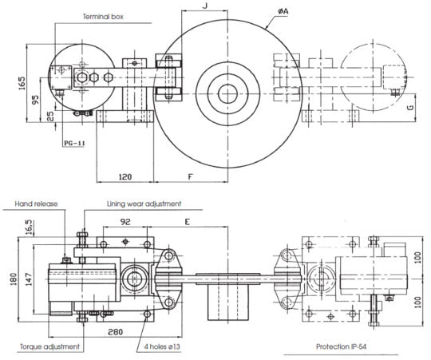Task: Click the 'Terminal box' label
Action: pyautogui.click(x=103, y=17)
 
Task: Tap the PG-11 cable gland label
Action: pyautogui.click(x=74, y=143)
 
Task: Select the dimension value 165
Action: pyautogui.click(x=22, y=83)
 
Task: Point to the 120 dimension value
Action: pyautogui.click(x=125, y=176)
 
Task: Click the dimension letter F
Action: pyautogui.click(x=191, y=176)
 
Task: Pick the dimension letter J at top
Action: pyautogui.click(x=205, y=6)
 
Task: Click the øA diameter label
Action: pyautogui.click(x=283, y=11)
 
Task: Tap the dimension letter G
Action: pyautogui.click(x=410, y=107)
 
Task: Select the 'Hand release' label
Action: pyautogui.click(x=36, y=204)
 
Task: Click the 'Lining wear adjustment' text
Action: pyautogui.click(x=144, y=204)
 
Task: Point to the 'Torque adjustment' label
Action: pyautogui.click(x=49, y=346)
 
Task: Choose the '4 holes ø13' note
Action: pyautogui.click(x=163, y=346)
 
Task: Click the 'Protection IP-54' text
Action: pyautogui.click(x=341, y=346)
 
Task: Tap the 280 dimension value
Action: pyautogui.click(x=115, y=332)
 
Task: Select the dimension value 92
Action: pyautogui.click(x=125, y=222)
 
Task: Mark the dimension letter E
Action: pyautogui.click(x=188, y=222)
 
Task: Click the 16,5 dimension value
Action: pyautogui.click(x=29, y=227)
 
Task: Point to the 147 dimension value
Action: pyautogui.click(x=30, y=279)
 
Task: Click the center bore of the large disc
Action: pyautogui.click(x=227, y=93)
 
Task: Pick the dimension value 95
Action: pyautogui.click(x=35, y=100)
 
